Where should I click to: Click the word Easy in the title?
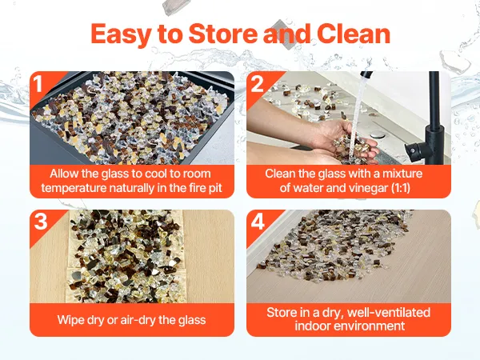(120, 34)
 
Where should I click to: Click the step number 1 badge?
(38, 83)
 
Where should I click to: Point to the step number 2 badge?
(257, 83)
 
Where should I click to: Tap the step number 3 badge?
(41, 221)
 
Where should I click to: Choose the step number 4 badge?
(258, 221)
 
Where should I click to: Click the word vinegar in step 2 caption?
(366, 188)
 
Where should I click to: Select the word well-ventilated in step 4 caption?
(389, 313)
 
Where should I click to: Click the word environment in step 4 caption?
(370, 326)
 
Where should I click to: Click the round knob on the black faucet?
(413, 150)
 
